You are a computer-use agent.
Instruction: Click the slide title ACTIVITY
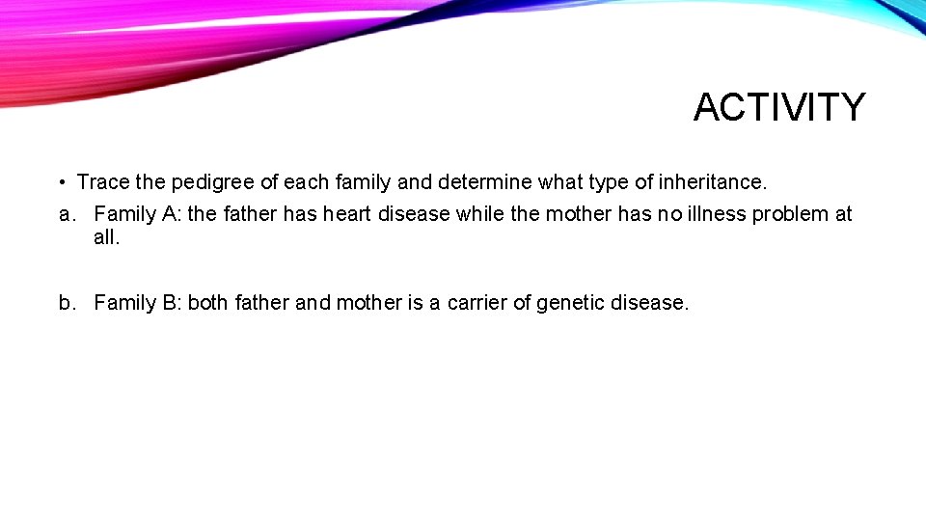(779, 107)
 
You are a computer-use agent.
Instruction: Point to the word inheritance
(712, 182)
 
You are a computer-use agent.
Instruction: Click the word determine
(484, 182)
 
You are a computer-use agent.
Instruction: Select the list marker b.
(66, 303)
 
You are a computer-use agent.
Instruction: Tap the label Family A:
(138, 214)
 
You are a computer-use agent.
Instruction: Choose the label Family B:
(138, 303)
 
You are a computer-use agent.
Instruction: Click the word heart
(347, 214)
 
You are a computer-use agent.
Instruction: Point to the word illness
(715, 214)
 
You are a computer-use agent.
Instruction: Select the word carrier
(478, 303)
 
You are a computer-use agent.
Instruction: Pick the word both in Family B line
(207, 303)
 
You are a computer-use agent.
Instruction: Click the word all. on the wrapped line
(107, 237)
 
